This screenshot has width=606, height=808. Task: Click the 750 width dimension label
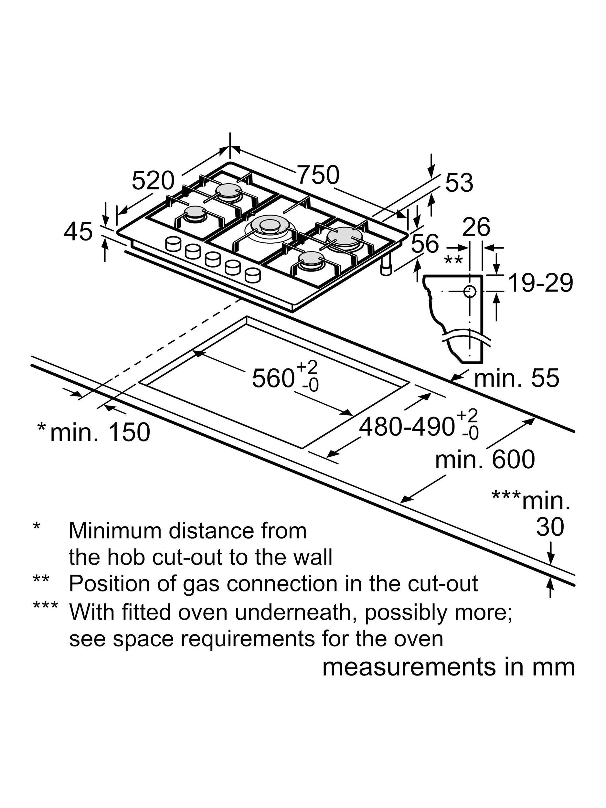point(318,175)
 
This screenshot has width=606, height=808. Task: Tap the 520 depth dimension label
point(153,180)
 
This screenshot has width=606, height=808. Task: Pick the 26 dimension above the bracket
point(476,227)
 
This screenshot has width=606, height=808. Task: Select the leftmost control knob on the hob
point(173,244)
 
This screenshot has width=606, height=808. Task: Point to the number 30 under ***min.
point(550,527)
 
